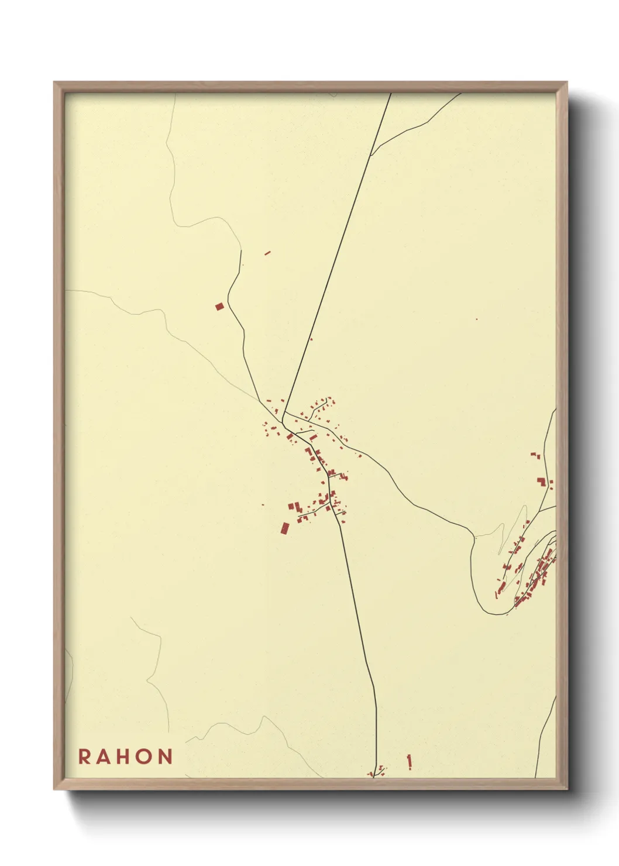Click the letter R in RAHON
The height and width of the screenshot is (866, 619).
(x=84, y=756)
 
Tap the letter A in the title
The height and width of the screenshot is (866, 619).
(x=105, y=756)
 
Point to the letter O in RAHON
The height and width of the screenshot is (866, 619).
(x=146, y=756)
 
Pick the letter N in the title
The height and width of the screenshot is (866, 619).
(x=166, y=756)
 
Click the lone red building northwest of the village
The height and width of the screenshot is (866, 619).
(x=219, y=306)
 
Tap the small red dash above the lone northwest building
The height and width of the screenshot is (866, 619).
(x=267, y=253)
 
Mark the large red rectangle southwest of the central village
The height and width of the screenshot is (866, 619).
(x=285, y=528)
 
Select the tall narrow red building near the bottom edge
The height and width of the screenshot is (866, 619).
(x=410, y=761)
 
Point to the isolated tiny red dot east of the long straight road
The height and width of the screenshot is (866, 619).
(x=476, y=319)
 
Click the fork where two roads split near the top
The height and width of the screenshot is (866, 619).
(x=371, y=154)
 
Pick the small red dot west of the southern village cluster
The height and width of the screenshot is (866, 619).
(x=263, y=504)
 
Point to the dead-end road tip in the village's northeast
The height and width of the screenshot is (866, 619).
(x=326, y=400)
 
